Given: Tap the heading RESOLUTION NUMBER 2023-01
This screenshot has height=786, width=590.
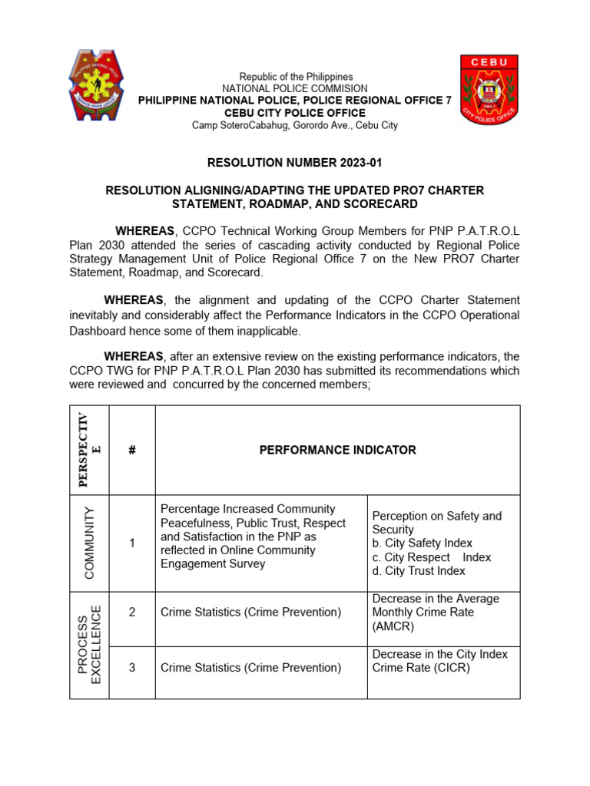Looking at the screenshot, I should (295, 163).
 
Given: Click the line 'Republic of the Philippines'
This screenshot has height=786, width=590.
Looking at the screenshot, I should (296, 77).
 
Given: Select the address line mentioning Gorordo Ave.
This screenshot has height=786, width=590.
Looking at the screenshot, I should (295, 125).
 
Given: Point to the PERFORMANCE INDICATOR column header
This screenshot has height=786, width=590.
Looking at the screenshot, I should (338, 450).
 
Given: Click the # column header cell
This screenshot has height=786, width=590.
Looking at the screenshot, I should (132, 450).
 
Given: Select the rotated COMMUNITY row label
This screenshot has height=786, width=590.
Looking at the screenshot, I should (89, 543).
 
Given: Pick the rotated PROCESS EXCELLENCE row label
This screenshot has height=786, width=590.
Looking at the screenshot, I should (89, 645).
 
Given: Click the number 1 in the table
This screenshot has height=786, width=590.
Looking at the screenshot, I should (132, 543).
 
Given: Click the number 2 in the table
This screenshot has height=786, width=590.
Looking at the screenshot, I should (132, 613).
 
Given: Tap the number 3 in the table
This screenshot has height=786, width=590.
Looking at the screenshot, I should (132, 668).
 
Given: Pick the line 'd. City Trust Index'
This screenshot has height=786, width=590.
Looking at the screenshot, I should (419, 571).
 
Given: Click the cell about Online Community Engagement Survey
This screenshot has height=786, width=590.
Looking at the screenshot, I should (247, 537).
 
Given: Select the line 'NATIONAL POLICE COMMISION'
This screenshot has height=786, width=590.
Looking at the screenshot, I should (295, 89).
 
